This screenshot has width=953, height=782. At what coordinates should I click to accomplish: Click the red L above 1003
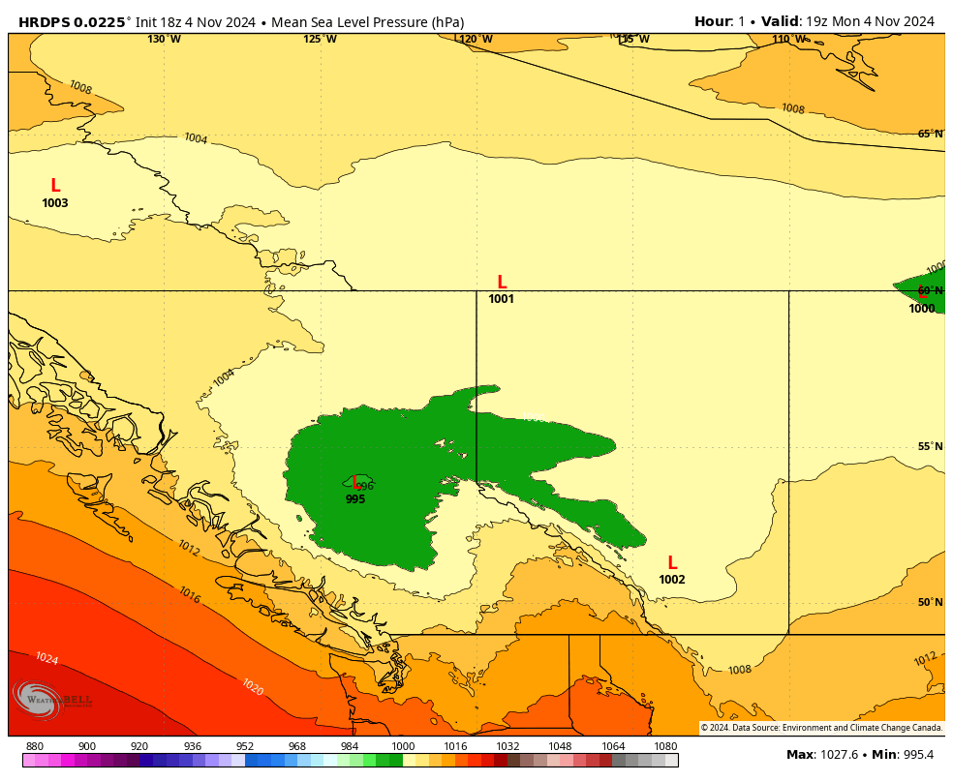tap(55, 185)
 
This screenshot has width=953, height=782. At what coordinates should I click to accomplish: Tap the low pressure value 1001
tap(501, 299)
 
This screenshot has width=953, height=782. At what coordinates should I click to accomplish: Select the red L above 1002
tap(672, 563)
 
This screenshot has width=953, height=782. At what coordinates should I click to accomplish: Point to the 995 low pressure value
tap(355, 499)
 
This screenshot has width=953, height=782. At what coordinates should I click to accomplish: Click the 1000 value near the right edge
tap(922, 309)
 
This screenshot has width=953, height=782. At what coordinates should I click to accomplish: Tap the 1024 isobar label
tap(46, 659)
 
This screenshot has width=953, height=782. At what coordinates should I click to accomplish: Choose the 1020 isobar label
tap(252, 687)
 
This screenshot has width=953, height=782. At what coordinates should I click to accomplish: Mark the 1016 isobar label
tap(189, 595)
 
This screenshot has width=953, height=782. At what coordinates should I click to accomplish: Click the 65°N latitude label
tap(930, 134)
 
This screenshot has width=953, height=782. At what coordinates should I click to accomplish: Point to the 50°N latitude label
tap(930, 602)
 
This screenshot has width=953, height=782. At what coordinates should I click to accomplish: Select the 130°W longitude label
tap(164, 40)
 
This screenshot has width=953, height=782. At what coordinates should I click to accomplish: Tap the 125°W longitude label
tap(320, 40)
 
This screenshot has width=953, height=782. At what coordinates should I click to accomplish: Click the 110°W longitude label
tap(788, 40)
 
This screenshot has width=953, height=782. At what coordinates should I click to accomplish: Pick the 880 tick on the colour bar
tap(35, 746)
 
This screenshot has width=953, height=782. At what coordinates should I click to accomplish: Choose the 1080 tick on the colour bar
tap(665, 746)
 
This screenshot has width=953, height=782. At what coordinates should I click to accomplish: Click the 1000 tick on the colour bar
tap(403, 746)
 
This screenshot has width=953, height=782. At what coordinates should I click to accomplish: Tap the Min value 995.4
tap(915, 755)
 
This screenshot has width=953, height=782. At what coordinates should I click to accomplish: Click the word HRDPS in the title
tap(45, 21)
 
